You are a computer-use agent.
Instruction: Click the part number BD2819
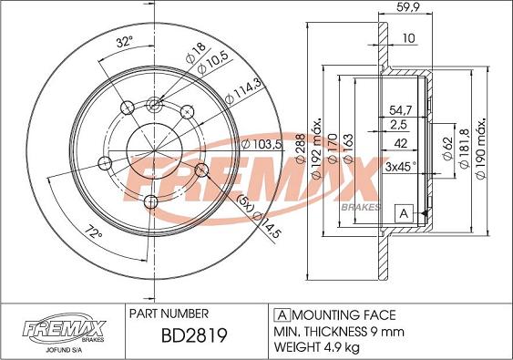[x=194, y=335]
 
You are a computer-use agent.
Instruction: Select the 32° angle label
[x=125, y=42]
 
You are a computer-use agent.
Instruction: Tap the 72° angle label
[x=94, y=231]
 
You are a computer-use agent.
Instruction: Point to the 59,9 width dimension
[x=408, y=7]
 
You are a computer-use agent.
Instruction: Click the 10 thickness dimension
[x=408, y=38]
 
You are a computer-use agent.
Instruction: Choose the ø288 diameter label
[x=301, y=149]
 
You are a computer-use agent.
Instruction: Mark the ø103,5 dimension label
[x=262, y=144]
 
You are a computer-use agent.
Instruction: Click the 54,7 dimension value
[x=401, y=110]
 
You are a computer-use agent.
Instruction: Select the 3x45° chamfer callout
[x=401, y=167]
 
